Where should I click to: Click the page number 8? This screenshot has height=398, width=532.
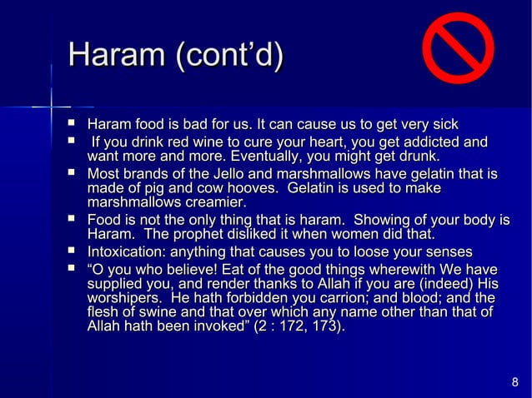pyautogui.click(x=514, y=383)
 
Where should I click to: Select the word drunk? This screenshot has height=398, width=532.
pyautogui.click(x=417, y=156)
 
